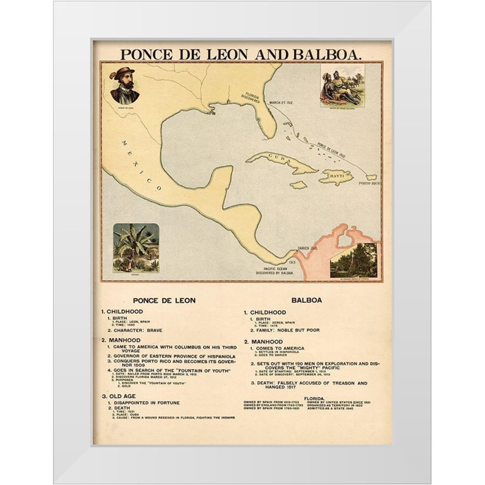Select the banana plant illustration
tap(136, 247)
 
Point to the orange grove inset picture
tap(354, 260)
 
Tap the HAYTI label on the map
tap(336, 177)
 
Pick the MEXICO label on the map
tap(141, 165)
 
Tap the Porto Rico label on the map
tap(368, 184)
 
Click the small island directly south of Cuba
tap(298, 185)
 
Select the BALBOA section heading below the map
tap(307, 300)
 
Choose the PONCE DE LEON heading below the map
tap(164, 300)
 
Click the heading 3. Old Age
tap(118, 396)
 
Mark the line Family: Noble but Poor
tap(285, 330)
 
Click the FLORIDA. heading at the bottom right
tap(314, 398)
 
